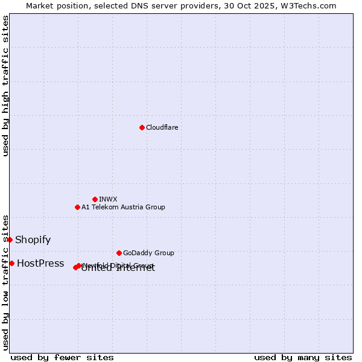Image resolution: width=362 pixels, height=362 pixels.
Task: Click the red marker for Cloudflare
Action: tap(142, 127)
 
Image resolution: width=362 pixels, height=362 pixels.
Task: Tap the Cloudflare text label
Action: tap(162, 127)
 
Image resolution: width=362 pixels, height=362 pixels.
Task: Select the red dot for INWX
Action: tap(95, 199)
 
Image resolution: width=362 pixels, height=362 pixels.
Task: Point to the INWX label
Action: tap(108, 199)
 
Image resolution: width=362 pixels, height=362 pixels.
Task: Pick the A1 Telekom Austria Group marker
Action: tap(77, 207)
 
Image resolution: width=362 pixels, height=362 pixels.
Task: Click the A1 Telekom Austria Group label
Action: tap(123, 207)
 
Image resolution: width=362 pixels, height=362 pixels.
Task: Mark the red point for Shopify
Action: tap(10, 240)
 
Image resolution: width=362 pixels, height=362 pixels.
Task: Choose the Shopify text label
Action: tap(33, 240)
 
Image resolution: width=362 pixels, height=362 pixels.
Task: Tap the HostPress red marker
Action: tap(11, 263)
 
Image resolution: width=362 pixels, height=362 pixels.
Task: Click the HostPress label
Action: tap(40, 263)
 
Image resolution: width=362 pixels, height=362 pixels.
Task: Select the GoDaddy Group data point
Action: tap(119, 253)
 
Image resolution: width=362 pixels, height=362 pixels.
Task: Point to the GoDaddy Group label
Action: tap(148, 253)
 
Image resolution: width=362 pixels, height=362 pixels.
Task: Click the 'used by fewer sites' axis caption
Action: tap(62, 357)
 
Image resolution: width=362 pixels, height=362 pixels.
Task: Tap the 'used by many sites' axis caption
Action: tap(303, 357)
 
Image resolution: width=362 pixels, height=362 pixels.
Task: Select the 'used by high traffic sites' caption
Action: tap(5, 86)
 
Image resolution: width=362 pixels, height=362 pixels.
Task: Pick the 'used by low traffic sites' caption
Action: tap(5, 282)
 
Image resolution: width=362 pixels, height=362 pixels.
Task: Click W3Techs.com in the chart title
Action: tap(311, 5)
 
